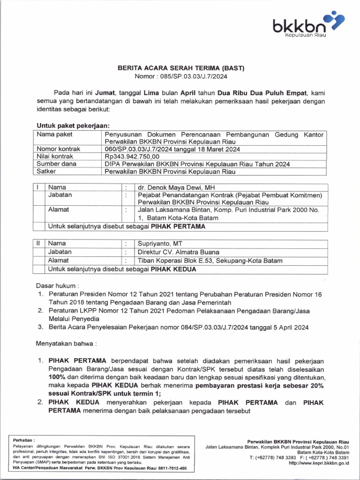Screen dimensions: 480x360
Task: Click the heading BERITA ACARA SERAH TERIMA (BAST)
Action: (180, 68)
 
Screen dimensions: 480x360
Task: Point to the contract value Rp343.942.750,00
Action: (132, 157)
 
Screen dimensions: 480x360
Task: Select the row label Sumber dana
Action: (56, 164)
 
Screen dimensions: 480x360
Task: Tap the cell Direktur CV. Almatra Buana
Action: (178, 252)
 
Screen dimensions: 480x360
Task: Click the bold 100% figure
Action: (57, 377)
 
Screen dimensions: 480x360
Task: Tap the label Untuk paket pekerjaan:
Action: (73, 126)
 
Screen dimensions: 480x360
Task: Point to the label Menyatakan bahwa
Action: (66, 344)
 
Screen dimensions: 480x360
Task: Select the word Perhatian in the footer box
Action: (24, 440)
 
